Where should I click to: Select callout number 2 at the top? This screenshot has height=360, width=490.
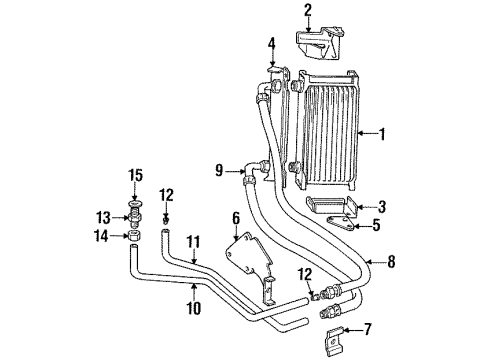pyautogui.click(x=308, y=11)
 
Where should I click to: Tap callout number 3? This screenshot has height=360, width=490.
pyautogui.click(x=382, y=207)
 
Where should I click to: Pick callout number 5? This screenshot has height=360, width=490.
pyautogui.click(x=376, y=225)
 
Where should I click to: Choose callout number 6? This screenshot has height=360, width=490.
pyautogui.click(x=236, y=217)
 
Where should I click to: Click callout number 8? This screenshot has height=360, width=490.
pyautogui.click(x=391, y=263)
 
